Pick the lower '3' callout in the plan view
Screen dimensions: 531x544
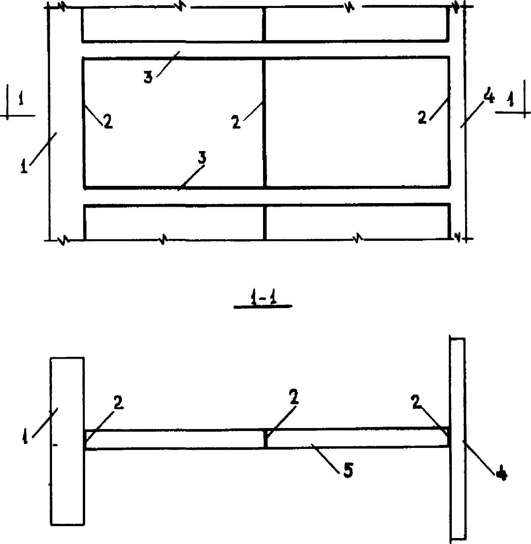coord(202,158)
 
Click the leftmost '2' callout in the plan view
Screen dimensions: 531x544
coord(107,122)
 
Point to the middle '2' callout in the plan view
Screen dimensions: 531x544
coord(236,122)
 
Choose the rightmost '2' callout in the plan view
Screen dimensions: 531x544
coord(422,118)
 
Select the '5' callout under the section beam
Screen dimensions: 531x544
coord(347,471)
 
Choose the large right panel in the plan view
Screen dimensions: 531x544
coord(357,123)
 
